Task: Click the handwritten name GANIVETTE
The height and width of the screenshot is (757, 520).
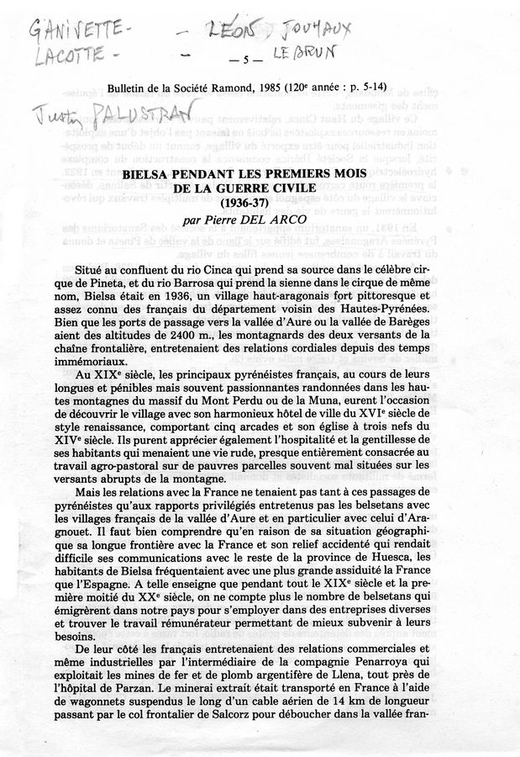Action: [x=81, y=34]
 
